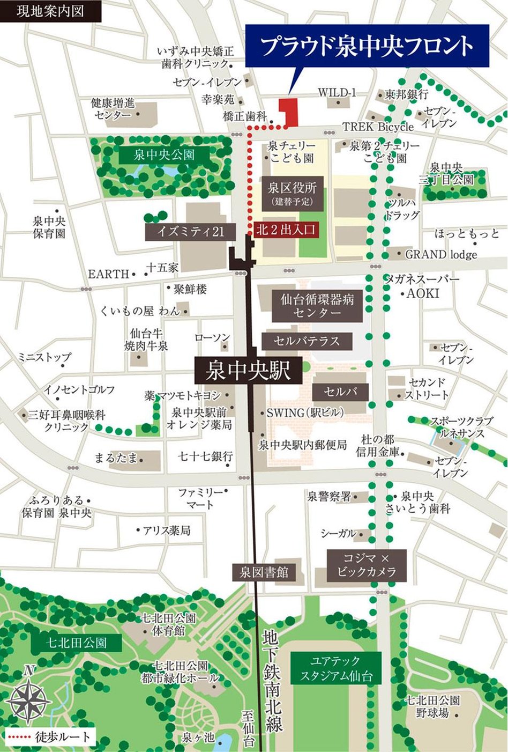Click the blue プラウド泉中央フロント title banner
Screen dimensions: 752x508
coord(368,46)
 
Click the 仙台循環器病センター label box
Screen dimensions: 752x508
coord(317,306)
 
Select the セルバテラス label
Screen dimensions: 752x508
coord(307,341)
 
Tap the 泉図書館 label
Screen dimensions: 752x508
coord(264,572)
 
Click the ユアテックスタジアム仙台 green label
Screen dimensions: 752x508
coord(335,668)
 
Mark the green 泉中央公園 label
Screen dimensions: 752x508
coord(164,156)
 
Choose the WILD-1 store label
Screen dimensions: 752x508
coord(337,93)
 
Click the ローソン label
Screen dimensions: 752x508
coord(212,337)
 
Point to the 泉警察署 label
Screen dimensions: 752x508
coord(329,496)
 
